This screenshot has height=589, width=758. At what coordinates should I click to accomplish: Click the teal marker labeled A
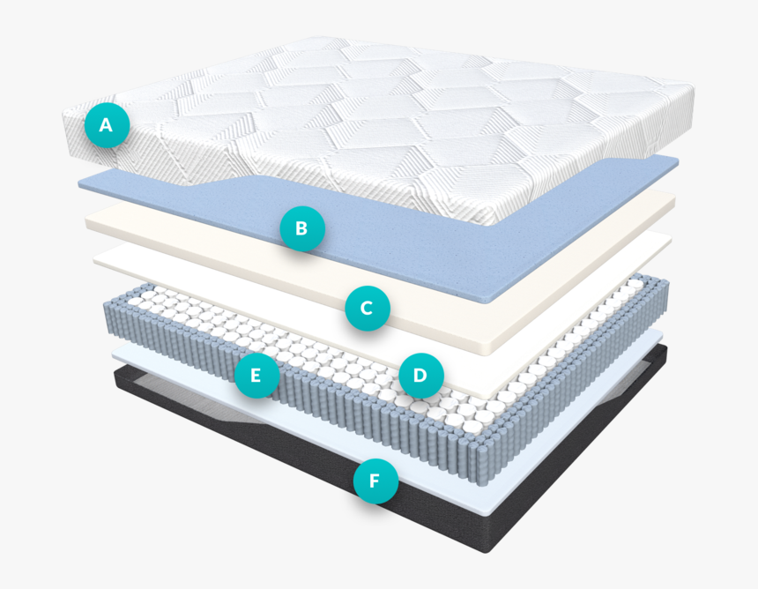[x=107, y=124]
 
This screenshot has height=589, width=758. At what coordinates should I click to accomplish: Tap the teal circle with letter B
[x=302, y=228]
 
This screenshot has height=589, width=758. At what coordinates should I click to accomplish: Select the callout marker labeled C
[x=368, y=308]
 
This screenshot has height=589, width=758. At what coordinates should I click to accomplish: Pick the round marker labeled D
[x=421, y=376]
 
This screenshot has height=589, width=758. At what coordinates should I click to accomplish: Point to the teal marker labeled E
[x=256, y=376]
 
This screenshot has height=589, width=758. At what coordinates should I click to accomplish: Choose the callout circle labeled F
[x=375, y=481]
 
